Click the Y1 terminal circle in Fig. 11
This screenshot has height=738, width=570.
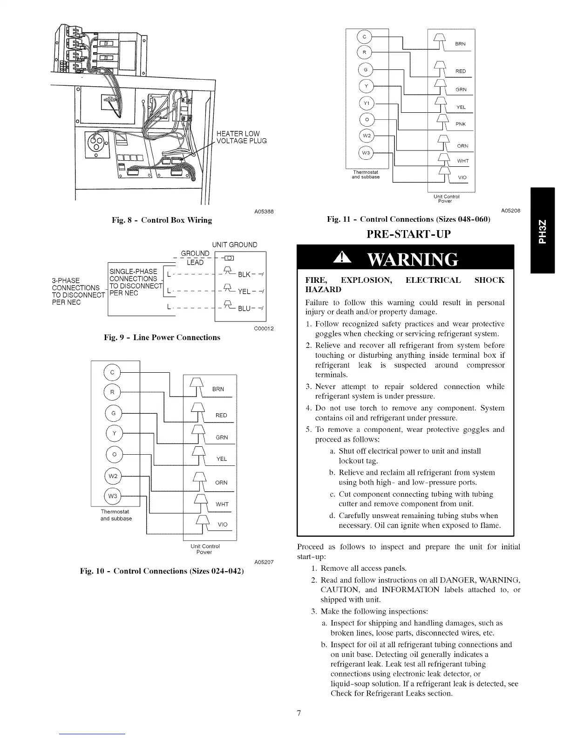click(x=366, y=103)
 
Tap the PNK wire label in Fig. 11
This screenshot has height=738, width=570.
click(x=461, y=124)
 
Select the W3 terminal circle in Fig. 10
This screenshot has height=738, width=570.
click(x=113, y=495)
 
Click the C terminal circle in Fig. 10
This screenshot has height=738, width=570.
click(x=113, y=372)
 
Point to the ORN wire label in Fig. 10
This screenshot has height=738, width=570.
click(x=222, y=483)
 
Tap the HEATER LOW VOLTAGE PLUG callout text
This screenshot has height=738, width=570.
click(x=241, y=137)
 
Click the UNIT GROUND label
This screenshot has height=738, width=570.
click(x=234, y=245)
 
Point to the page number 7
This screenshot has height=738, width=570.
click(x=299, y=713)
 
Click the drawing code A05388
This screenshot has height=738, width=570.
click(x=264, y=212)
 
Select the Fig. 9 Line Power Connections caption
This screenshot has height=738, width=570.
click(x=162, y=337)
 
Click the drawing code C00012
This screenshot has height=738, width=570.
click(x=264, y=329)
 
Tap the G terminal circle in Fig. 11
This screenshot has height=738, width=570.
click(x=366, y=70)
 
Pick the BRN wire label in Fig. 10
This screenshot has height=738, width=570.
click(x=218, y=389)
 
